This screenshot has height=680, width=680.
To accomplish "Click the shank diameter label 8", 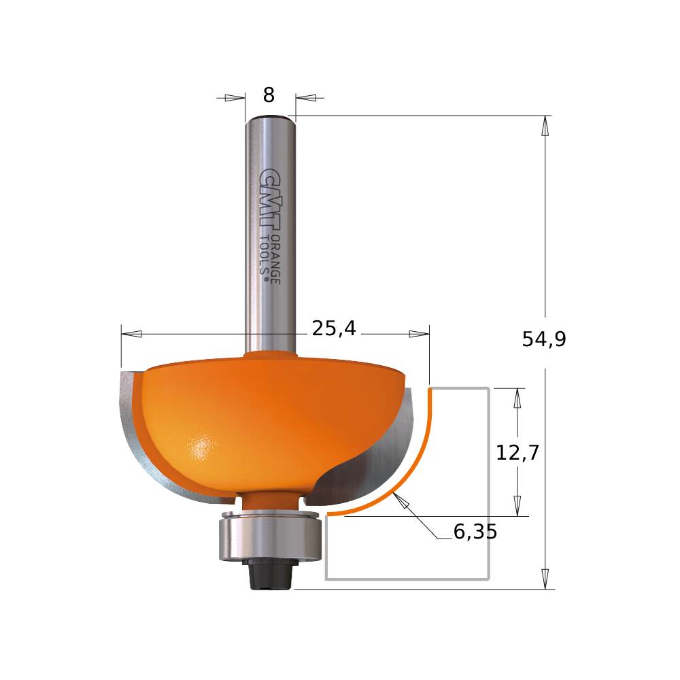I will point(269,96).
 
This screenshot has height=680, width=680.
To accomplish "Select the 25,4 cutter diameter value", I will point(334,329).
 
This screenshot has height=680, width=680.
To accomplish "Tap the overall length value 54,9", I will point(544,339).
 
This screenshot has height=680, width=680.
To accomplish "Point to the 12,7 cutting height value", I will point(517,453).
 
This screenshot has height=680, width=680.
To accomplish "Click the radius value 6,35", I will point(475,532).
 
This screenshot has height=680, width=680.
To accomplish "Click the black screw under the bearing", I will point(269,576).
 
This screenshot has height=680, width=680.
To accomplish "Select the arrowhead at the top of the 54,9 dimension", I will point(545,126).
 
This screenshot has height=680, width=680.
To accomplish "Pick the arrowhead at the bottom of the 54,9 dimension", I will point(545,579).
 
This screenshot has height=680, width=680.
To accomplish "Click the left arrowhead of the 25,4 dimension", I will point(131,334).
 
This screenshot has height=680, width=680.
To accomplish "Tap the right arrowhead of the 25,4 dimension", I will point(419,334).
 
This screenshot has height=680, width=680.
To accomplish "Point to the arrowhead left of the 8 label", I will point(234,98).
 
